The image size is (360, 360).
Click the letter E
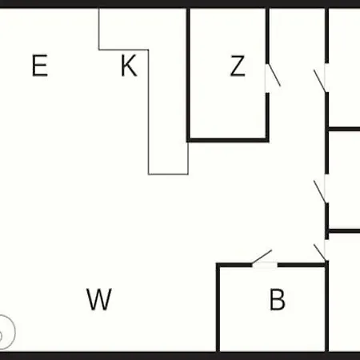(40, 66)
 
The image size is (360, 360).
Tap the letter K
(129, 66)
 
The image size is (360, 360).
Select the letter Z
(238, 66)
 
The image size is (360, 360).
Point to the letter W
(99, 299)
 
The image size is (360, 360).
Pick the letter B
(278, 299)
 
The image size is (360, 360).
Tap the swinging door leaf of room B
(262, 257)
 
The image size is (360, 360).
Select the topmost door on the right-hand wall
(319, 81)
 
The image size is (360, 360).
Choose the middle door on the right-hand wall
(319, 191)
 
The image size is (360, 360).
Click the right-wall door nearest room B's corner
(320, 252)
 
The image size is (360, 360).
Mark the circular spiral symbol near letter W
(6, 332)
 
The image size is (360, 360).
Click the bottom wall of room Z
(228, 140)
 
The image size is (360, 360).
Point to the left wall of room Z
(188, 74)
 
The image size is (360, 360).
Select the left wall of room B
(218, 307)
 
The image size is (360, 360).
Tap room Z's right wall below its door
(267, 118)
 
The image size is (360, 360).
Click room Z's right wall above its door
(267, 36)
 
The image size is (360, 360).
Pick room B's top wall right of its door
(302, 265)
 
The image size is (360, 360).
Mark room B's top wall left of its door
(234, 265)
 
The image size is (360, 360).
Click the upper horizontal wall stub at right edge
(343, 130)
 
